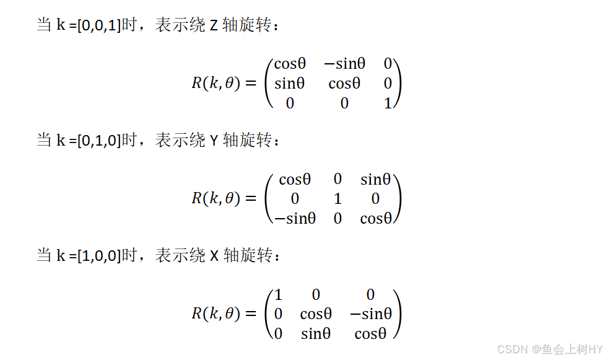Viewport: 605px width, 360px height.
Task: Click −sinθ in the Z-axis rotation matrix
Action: (344, 64)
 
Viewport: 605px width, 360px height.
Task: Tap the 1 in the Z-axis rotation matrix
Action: (388, 103)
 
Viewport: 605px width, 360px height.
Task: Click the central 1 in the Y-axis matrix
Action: (337, 199)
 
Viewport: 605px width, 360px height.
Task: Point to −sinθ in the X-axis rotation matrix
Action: (370, 314)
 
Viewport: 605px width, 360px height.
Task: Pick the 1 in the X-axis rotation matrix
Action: (279, 295)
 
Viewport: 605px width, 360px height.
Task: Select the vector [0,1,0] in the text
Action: (98, 141)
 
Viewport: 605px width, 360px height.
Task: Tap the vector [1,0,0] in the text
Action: (98, 255)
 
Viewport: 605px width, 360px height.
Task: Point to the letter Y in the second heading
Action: (214, 141)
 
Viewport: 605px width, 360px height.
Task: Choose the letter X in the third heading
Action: (214, 255)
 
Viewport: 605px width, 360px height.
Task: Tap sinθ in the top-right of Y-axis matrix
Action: (375, 180)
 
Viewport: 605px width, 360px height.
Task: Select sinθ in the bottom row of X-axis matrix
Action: (316, 334)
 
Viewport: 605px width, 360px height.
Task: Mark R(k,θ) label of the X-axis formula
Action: (215, 314)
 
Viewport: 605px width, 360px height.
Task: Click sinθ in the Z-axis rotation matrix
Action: (290, 84)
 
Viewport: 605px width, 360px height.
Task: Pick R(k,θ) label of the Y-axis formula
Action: (215, 199)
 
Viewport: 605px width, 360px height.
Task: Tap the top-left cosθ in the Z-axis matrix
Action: (290, 64)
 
